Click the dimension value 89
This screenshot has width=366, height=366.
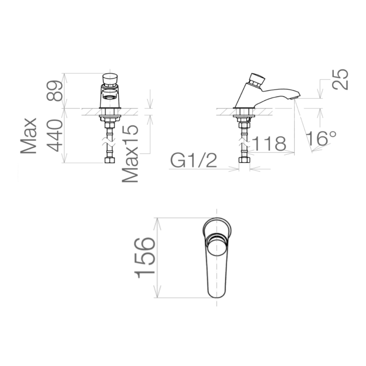click(54, 91)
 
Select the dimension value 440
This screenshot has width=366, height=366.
click(54, 136)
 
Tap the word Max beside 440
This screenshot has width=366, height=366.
click(29, 136)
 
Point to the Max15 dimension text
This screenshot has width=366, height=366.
click(131, 153)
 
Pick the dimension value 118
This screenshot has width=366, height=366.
click(269, 144)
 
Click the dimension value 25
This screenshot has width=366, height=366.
click(340, 79)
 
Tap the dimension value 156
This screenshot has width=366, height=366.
click(144, 257)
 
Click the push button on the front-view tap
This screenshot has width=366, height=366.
click(110, 79)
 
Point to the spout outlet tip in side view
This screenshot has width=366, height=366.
click(296, 97)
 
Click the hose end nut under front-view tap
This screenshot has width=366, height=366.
click(109, 160)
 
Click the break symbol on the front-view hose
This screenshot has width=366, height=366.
click(109, 142)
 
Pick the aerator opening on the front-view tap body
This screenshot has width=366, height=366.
click(109, 97)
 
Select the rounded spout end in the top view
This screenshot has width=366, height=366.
click(217, 291)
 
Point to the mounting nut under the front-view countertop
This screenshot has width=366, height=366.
click(110, 118)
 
